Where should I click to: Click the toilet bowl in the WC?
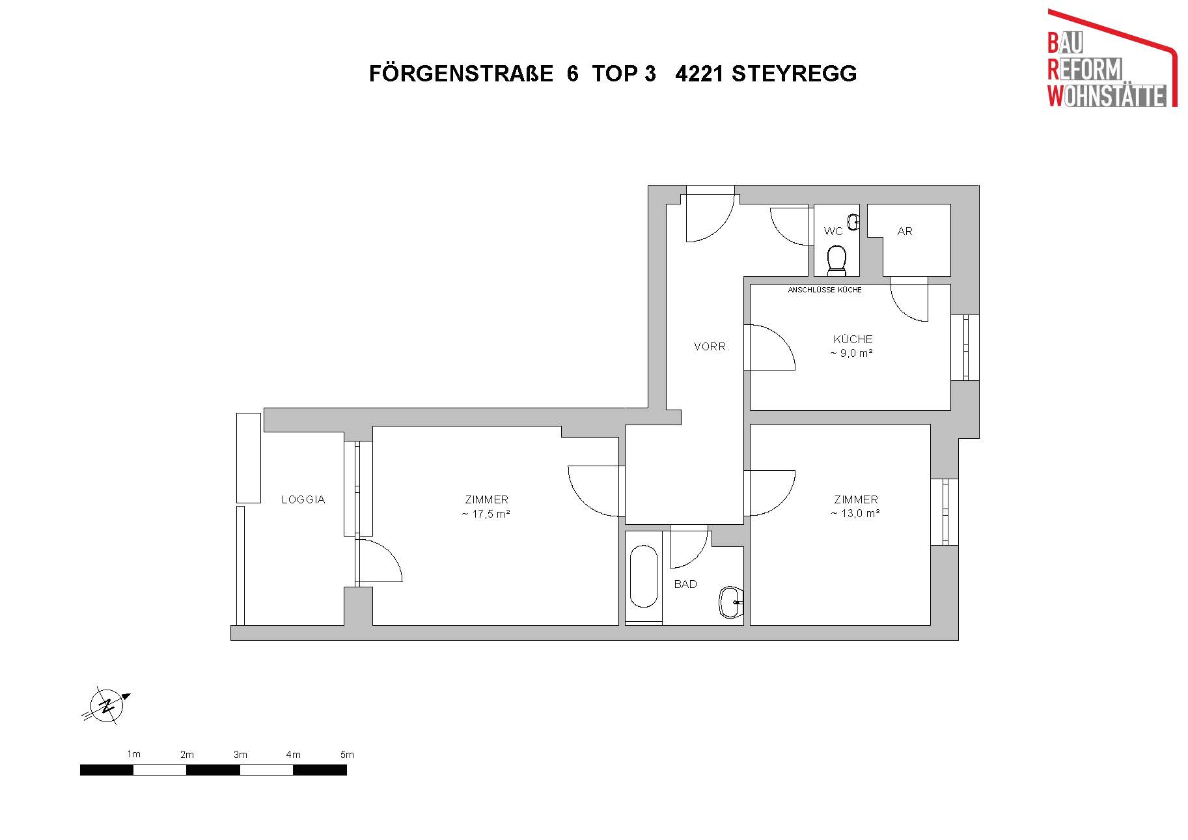pyautogui.click(x=836, y=260)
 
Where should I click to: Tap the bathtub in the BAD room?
pyautogui.click(x=644, y=576)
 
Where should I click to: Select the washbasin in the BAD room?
pyautogui.click(x=731, y=602)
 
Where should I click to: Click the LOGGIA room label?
pyautogui.click(x=303, y=500)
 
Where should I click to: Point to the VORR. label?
pyautogui.click(x=711, y=347)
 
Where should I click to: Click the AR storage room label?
pyautogui.click(x=905, y=231)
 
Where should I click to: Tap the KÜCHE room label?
pyautogui.click(x=853, y=339)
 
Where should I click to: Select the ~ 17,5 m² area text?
pyautogui.click(x=486, y=514)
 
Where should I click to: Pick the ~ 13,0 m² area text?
pyautogui.click(x=855, y=514)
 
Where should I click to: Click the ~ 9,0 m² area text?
pyautogui.click(x=851, y=354)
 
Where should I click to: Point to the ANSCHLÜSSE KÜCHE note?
pyautogui.click(x=825, y=290)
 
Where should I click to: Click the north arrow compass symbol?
pyautogui.click(x=107, y=705)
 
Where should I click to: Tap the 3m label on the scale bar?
pyautogui.click(x=240, y=755)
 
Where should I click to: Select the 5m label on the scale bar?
pyautogui.click(x=347, y=755)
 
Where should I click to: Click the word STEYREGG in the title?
pyautogui.click(x=794, y=74)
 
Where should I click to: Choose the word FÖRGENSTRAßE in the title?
pyautogui.click(x=462, y=74)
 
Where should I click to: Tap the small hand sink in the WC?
pyautogui.click(x=853, y=222)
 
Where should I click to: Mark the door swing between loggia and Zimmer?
pyautogui.click(x=380, y=559)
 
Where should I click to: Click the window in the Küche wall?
pyautogui.click(x=965, y=348)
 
